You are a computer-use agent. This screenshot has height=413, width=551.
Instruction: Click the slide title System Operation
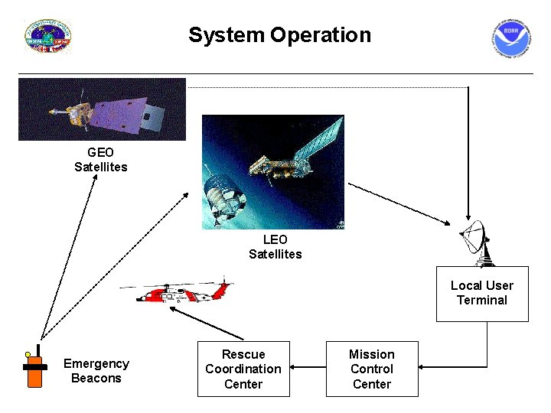coord(279,35)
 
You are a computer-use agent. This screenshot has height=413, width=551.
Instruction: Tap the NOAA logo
coord(510,38)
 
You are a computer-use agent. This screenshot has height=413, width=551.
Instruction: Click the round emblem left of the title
coord(47,37)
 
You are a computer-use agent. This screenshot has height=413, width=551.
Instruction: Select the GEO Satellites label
coord(100,160)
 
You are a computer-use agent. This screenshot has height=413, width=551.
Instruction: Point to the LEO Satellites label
coord(275,247)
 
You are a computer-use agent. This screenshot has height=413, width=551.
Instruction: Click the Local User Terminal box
coord(482,294)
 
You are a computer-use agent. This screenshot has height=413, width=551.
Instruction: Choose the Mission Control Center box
coord(372,369)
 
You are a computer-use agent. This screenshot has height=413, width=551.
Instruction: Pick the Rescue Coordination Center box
coord(243,369)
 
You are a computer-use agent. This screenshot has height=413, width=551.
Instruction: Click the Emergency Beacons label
coord(96,371)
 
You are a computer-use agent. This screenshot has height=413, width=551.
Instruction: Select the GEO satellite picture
coord(102,109)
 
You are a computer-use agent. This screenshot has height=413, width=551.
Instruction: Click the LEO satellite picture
coord(272,172)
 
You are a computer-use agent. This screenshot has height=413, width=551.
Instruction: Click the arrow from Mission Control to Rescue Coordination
coord(308,368)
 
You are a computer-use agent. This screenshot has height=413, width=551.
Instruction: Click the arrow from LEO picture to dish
coord(398,203)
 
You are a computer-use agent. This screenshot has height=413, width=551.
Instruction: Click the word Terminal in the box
coord(482,301)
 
